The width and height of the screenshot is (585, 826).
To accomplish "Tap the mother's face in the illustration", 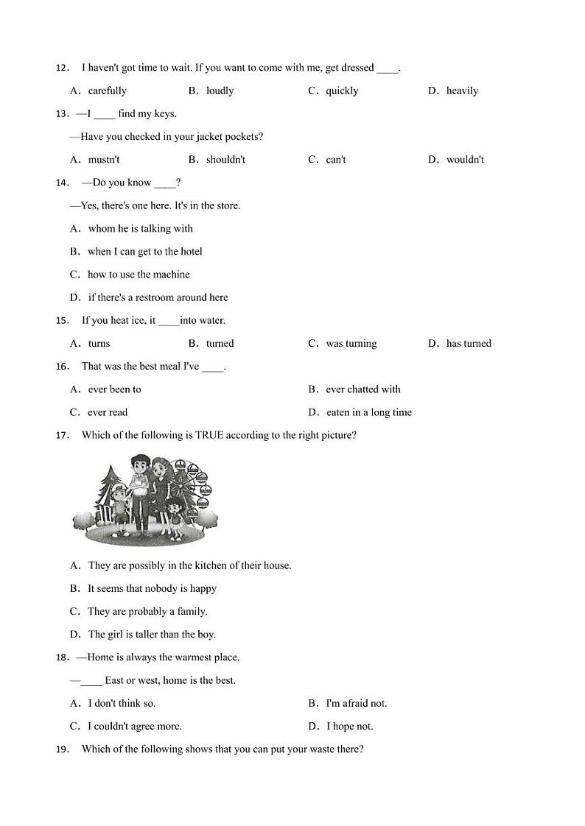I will click(x=160, y=468).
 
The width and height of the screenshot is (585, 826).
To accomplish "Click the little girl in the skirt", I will click(x=174, y=512).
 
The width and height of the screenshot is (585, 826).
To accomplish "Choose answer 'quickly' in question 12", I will click(x=342, y=91).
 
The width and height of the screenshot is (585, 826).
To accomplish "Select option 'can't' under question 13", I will click(x=336, y=160).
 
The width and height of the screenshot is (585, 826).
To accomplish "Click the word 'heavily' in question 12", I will click(x=462, y=91).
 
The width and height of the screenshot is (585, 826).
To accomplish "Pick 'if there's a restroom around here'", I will click(x=158, y=297).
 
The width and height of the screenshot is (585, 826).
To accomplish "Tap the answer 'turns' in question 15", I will click(x=99, y=344).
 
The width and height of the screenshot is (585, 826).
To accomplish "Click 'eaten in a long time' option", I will click(x=368, y=412).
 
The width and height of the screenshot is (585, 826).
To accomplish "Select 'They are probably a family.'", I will click(x=147, y=611).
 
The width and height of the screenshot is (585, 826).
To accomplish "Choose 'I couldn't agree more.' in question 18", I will click(x=135, y=726).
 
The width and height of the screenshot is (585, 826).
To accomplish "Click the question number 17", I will click(x=62, y=436).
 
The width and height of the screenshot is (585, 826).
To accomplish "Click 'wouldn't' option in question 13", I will click(x=465, y=160).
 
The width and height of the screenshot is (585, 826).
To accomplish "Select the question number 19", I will click(x=62, y=749).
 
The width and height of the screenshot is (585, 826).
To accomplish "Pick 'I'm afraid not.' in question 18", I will click(x=357, y=703).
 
